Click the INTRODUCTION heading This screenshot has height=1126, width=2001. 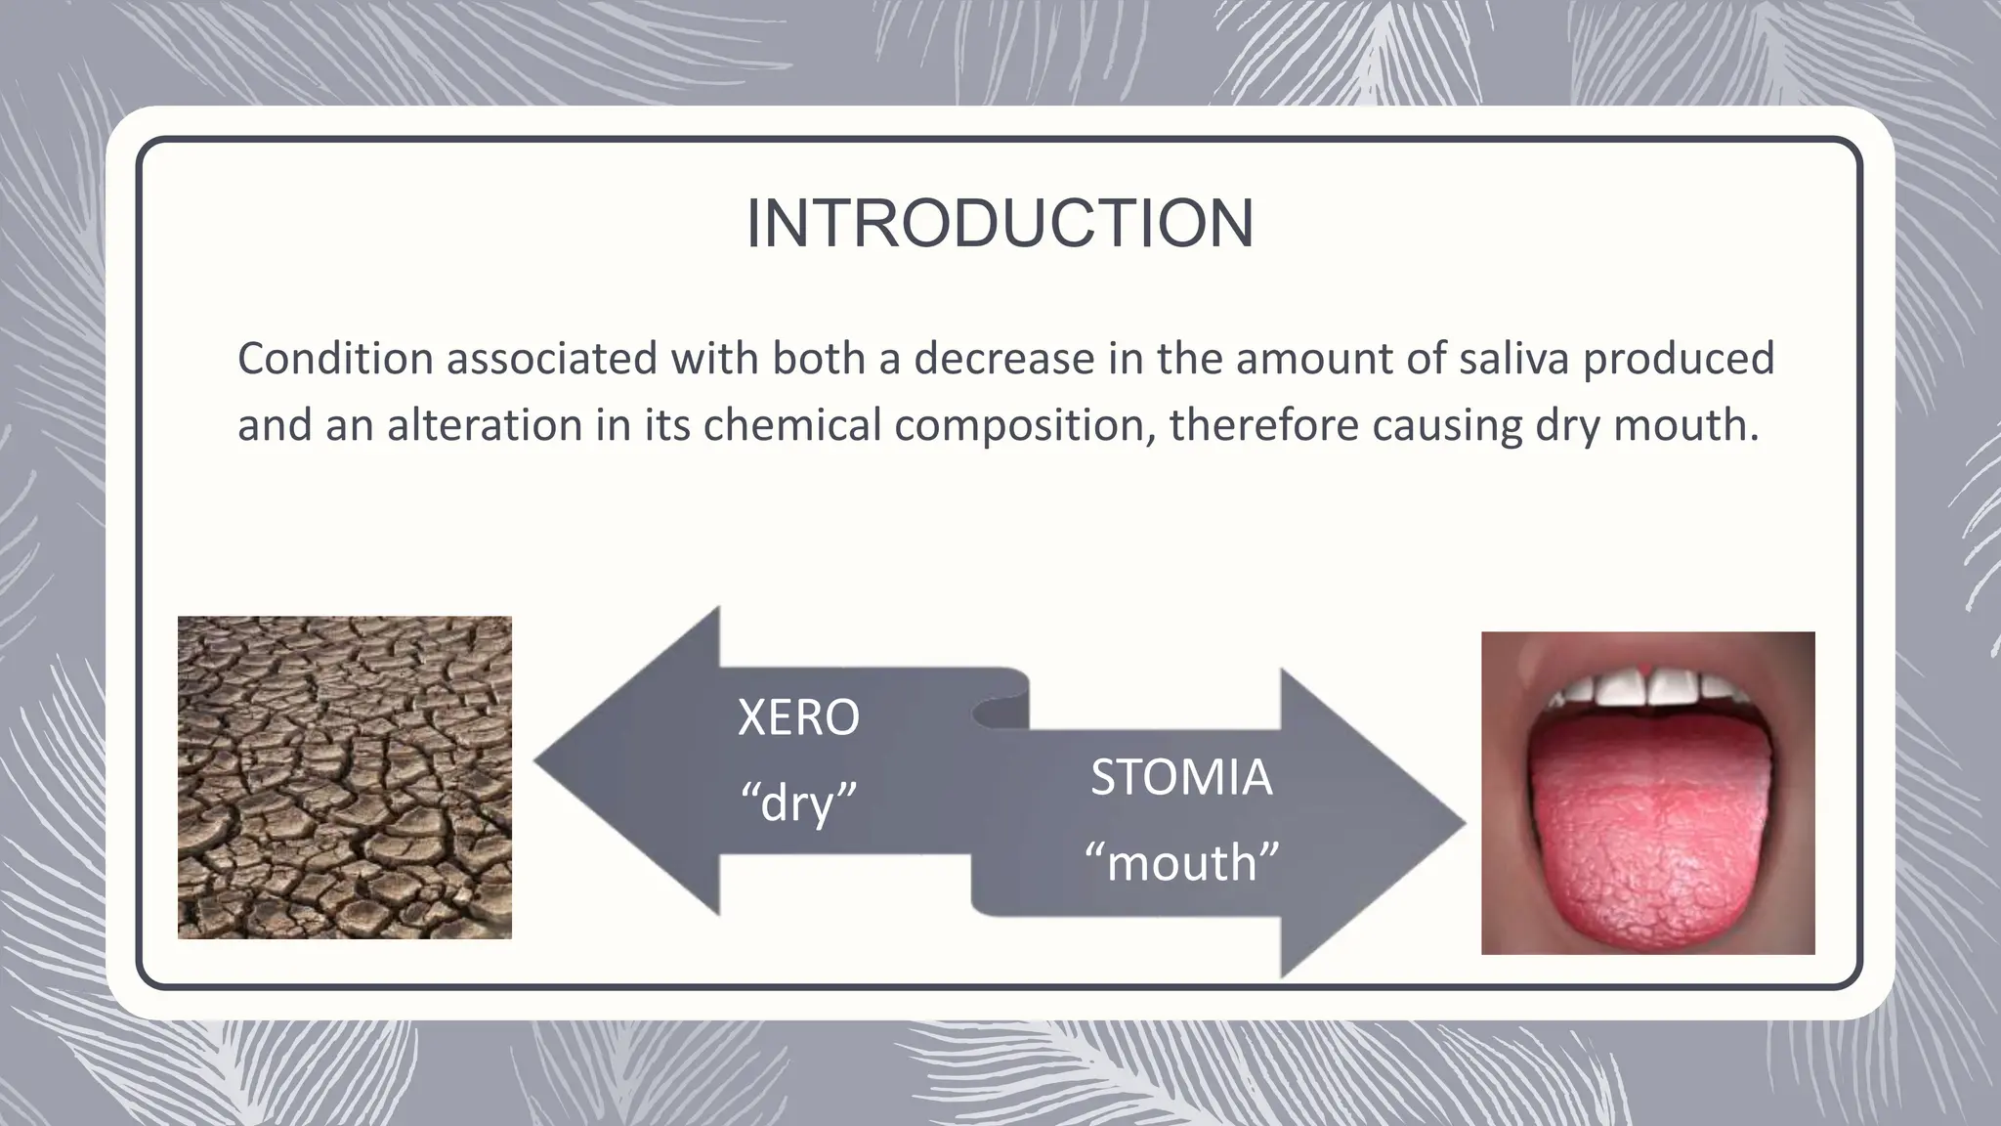[x=1000, y=224]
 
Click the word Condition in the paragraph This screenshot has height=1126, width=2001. [x=335, y=359]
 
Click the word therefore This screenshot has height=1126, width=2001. [x=1262, y=425]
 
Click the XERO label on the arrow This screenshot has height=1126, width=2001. [x=798, y=717]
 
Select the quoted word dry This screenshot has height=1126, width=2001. [x=798, y=803]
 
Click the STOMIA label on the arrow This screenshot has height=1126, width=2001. [x=1181, y=778]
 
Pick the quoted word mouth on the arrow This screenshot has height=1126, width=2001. [x=1181, y=863]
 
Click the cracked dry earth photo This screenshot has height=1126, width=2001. [x=344, y=777]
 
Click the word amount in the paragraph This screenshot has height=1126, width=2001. [x=1313, y=359]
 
